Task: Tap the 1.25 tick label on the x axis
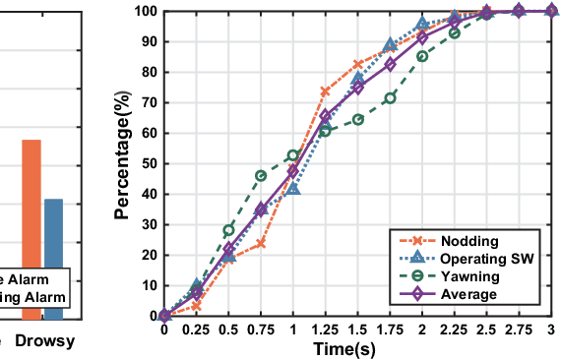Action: click(325, 330)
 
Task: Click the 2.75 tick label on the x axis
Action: click(519, 330)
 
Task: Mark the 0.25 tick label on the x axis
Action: click(196, 330)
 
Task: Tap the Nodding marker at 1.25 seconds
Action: click(325, 91)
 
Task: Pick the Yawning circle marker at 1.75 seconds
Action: click(390, 97)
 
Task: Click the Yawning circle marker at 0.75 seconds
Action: click(261, 175)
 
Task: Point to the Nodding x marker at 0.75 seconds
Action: click(261, 243)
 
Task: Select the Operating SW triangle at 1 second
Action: click(293, 187)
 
